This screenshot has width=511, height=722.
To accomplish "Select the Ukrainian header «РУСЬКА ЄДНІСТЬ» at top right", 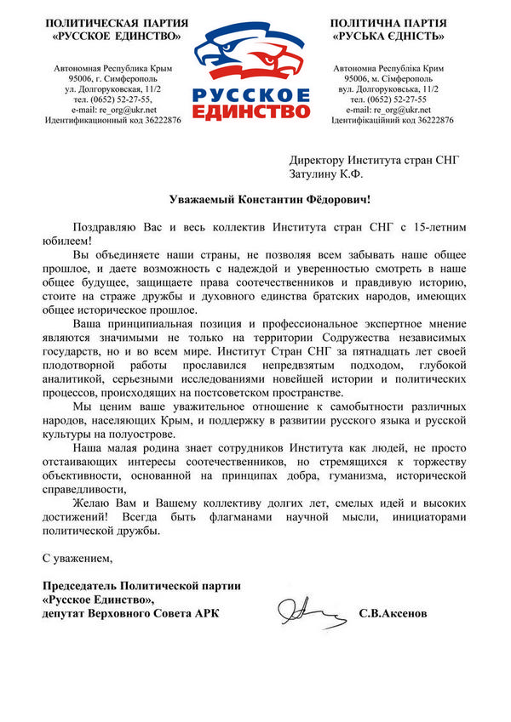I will coord(391,37).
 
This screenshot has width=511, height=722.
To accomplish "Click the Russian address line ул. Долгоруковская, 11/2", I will coord(114,88).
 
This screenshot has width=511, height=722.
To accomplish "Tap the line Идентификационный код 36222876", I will coord(113,121).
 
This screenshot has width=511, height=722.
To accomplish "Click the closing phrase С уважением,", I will coord(78,559).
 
